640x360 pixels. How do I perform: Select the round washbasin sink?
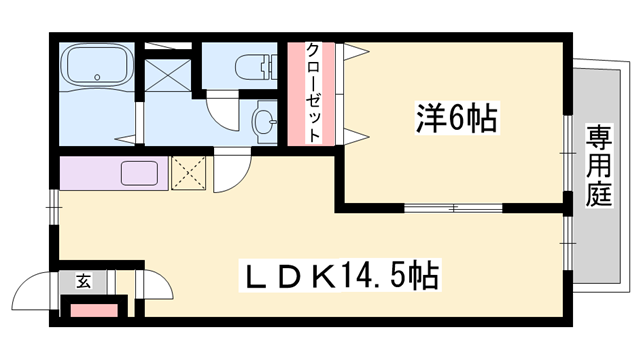(264, 123)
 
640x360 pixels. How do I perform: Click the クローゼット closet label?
(312, 94)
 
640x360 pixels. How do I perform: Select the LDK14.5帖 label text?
(340, 273)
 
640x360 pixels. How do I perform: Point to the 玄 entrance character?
(81, 283)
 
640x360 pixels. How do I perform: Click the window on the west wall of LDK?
(53, 211)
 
